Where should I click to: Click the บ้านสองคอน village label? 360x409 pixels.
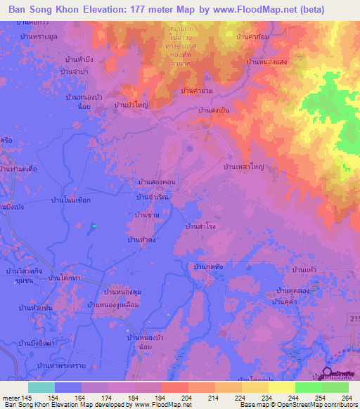(x=157, y=181)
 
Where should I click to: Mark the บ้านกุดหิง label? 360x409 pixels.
(x=208, y=266)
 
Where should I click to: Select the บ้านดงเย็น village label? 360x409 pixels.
(x=214, y=111)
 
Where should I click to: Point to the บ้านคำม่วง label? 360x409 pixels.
(x=197, y=91)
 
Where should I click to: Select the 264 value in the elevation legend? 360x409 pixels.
(x=347, y=398)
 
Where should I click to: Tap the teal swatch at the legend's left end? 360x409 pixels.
(x=41, y=387)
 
